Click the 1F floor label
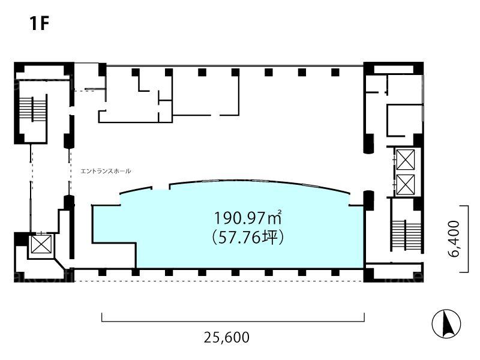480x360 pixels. [40, 23]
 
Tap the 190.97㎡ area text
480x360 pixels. [247, 218]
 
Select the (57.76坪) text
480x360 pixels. [247, 237]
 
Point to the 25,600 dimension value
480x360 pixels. [227, 337]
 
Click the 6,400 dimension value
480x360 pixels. [455, 239]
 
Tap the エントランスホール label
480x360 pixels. [106, 171]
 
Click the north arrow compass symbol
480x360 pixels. [446, 323]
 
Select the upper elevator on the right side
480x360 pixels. [406, 159]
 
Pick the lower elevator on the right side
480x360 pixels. [406, 185]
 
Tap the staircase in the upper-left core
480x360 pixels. [32, 109]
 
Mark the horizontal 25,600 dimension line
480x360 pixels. [233, 322]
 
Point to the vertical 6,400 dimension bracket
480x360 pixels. [468, 239]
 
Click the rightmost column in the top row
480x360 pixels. [335, 72]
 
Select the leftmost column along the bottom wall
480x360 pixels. [102, 272]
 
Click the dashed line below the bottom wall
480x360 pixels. [219, 281]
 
